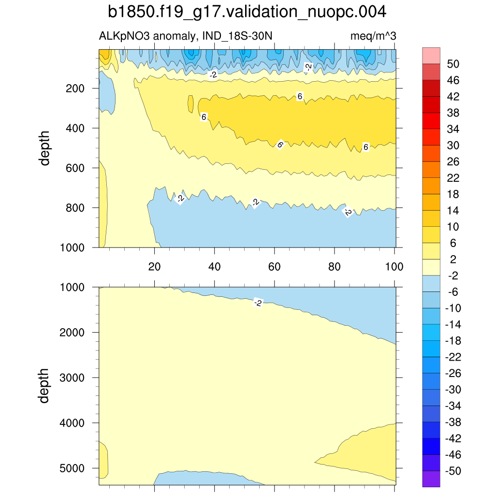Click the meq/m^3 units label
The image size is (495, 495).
tap(373, 36)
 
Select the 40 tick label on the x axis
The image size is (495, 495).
tap(214, 266)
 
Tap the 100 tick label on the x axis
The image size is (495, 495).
tap(394, 266)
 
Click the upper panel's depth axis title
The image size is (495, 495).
tap(45, 148)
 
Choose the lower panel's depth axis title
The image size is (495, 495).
tap(45, 386)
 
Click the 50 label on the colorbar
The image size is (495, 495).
tap(453, 64)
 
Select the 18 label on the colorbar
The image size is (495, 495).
tap(453, 194)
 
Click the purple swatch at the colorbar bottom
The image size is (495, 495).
tap(431, 479)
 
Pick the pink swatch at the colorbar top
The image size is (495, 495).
tap(431, 55)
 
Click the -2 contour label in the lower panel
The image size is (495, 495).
tap(258, 303)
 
